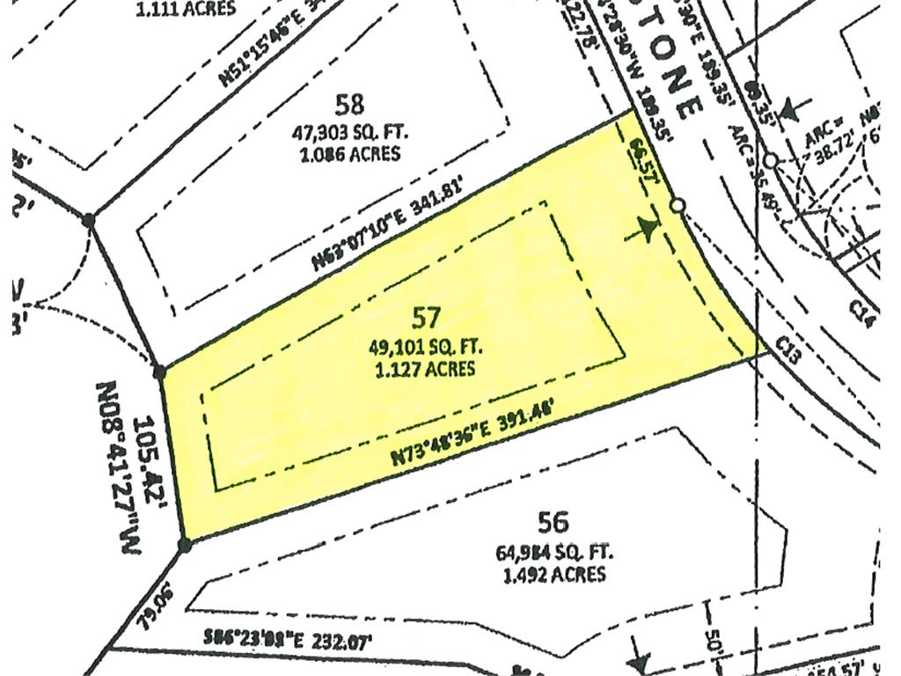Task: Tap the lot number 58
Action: coord(349,105)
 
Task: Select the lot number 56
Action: coord(553,523)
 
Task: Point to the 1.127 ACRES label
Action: coord(425,369)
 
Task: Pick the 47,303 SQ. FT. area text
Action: coord(349,132)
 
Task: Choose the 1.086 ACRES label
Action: coord(349,154)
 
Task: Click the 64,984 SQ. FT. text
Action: coord(554,554)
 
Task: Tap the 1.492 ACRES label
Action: coord(554,575)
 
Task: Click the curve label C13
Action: coord(787,351)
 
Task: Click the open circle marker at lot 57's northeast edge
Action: coord(678,205)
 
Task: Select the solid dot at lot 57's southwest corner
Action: coord(185,545)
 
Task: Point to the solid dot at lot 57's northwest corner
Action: coord(159,372)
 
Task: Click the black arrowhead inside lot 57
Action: coord(648,231)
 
